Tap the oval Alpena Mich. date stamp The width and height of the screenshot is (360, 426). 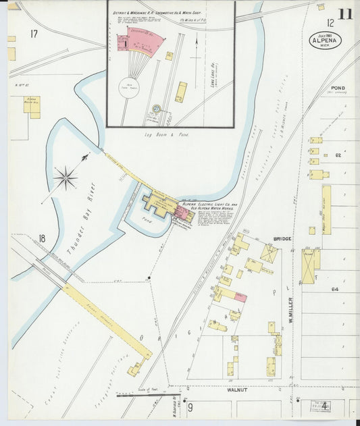326,41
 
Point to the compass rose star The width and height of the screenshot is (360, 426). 66,179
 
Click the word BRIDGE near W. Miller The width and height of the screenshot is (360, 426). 282,238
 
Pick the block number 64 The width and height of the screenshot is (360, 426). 334,289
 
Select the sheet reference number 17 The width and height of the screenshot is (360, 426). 34,33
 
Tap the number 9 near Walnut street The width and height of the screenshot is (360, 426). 190,406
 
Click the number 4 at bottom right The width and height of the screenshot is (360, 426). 325,405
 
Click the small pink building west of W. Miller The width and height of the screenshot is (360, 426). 240,297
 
